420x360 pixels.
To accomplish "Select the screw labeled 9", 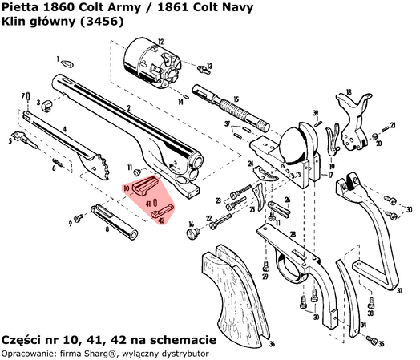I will pyautogui.click(x=79, y=217).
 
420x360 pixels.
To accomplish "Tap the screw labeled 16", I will pyautogui.click(x=192, y=233).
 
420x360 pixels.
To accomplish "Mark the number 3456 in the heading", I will pyautogui.click(x=106, y=24).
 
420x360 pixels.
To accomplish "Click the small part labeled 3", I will pyautogui.click(x=48, y=103).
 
